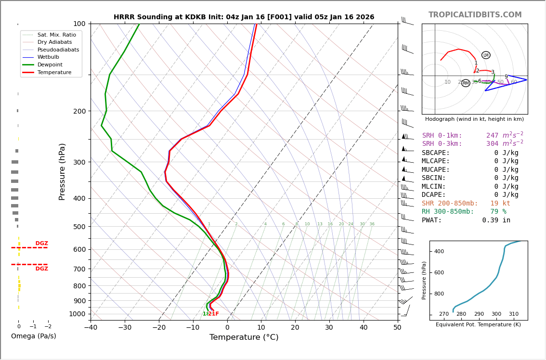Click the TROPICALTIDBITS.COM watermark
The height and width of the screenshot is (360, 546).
pyautogui.click(x=475, y=15)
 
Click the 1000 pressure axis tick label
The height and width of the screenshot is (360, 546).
pyautogui.click(x=77, y=314)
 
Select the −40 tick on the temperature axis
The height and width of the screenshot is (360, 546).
pyautogui.click(x=91, y=328)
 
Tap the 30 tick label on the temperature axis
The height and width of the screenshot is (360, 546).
pyautogui.click(x=329, y=328)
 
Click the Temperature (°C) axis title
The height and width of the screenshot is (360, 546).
pyautogui.click(x=244, y=337)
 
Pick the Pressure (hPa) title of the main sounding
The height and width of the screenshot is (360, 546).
pyautogui.click(x=62, y=171)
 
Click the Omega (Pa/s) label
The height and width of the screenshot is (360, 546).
pyautogui.click(x=33, y=336)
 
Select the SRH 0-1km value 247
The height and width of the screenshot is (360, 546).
pyautogui.click(x=492, y=136)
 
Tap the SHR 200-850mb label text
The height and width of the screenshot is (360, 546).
pyautogui.click(x=450, y=204)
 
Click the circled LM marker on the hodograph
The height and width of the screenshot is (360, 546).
pyautogui.click(x=486, y=55)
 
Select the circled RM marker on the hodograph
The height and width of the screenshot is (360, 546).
pyautogui.click(x=466, y=83)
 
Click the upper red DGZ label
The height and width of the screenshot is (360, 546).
pyautogui.click(x=41, y=244)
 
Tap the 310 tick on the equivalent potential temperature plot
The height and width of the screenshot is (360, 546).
pyautogui.click(x=514, y=314)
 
